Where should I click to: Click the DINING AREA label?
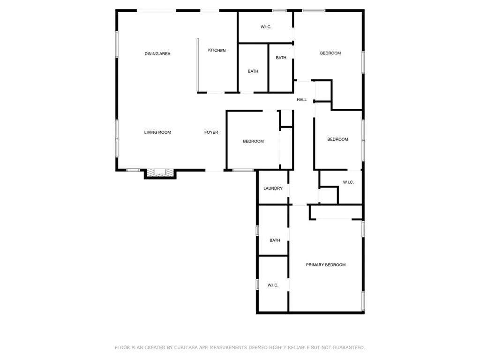[x=157, y=54]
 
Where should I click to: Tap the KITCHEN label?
[x=217, y=51]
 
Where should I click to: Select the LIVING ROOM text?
[x=157, y=133]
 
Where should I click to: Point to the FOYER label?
[x=211, y=133]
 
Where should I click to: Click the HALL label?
[x=301, y=100]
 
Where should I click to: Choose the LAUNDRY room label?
[x=273, y=188]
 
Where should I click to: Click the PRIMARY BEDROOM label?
[x=326, y=265]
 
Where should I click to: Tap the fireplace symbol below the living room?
[x=160, y=172]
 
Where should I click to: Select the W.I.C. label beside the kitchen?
[x=266, y=27]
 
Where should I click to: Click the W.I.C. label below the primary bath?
[x=273, y=285]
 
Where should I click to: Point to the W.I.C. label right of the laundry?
[x=348, y=182]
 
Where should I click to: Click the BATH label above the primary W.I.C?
[x=275, y=240]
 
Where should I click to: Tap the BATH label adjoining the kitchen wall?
[x=253, y=71]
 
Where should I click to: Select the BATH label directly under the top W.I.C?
[x=281, y=58]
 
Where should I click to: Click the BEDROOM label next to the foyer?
[x=253, y=142]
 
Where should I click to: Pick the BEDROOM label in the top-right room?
[x=330, y=53]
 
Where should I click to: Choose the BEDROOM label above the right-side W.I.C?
[x=337, y=139]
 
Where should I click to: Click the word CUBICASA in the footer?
[x=187, y=348]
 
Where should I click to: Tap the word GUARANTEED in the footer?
[x=349, y=348]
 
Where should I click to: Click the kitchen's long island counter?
[x=198, y=65]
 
